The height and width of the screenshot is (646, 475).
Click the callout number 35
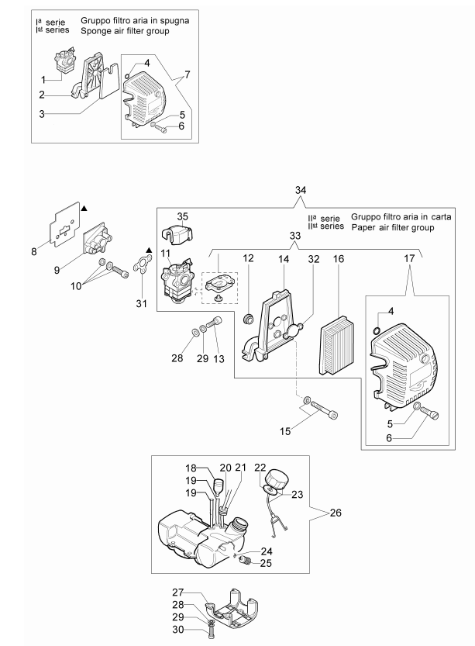182,216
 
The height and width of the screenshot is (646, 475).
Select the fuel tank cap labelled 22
277,480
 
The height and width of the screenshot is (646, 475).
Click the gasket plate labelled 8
65,224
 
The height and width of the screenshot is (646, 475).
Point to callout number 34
301,190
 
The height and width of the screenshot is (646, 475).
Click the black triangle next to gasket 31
149,250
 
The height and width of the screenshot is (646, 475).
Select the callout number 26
336,513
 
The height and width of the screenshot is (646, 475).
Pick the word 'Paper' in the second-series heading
363,227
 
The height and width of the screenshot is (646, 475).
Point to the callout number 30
177,630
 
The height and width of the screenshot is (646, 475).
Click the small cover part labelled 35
178,234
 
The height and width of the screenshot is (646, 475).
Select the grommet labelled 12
248,319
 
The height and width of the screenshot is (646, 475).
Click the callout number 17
409,258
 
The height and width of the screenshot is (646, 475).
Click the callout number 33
295,236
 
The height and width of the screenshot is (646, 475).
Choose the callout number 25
266,563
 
